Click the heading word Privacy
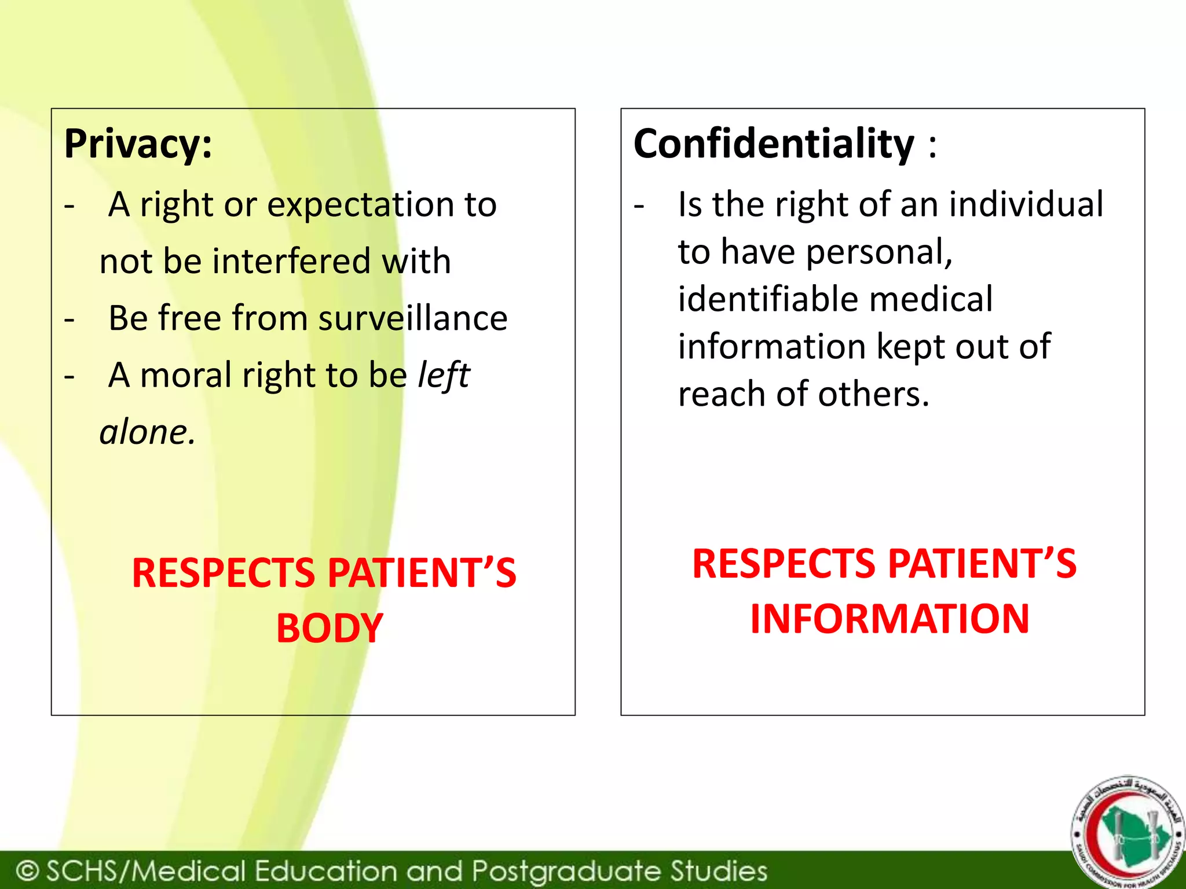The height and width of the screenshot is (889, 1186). point(138,145)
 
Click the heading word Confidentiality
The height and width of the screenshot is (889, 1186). point(774,144)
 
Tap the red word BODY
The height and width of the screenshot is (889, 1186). point(330,629)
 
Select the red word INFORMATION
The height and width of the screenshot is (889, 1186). point(889,619)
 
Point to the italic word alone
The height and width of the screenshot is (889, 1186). point(147,432)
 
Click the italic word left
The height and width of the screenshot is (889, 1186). point(444,375)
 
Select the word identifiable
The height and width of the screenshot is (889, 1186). point(769,300)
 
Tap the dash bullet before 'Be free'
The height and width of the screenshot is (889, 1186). point(69,319)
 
